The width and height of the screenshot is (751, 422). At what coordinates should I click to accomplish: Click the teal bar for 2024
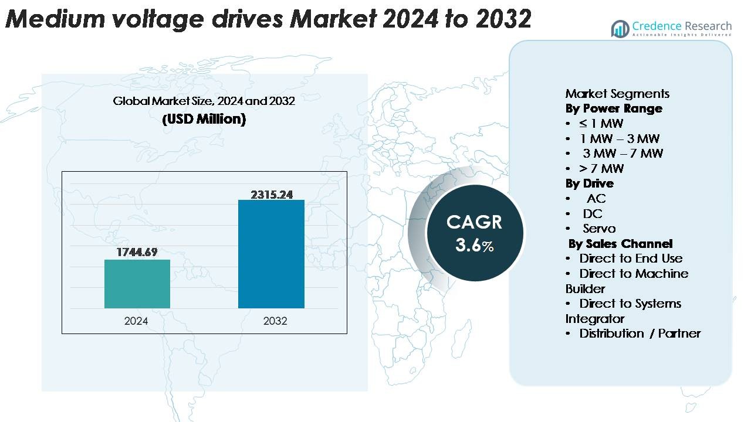click(x=137, y=284)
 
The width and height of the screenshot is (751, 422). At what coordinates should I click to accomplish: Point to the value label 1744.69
click(x=138, y=253)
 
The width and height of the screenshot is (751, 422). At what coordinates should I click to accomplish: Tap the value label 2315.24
click(x=272, y=195)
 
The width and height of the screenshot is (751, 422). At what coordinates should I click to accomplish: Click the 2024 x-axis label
click(x=136, y=321)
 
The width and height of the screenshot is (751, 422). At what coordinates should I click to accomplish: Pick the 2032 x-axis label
click(x=275, y=321)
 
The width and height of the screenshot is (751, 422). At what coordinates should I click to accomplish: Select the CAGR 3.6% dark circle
click(x=474, y=232)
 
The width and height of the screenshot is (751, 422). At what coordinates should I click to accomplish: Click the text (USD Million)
click(x=204, y=119)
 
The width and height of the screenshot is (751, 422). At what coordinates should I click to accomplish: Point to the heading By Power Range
click(x=614, y=108)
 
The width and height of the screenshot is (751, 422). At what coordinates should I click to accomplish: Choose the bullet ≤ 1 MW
click(x=601, y=124)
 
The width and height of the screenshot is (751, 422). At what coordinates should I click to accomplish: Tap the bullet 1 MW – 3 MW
click(x=619, y=139)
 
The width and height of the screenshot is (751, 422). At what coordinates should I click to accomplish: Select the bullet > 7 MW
click(x=601, y=169)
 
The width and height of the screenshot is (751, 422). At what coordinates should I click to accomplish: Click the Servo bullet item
click(x=599, y=229)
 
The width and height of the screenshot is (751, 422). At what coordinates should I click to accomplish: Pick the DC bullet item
click(x=593, y=213)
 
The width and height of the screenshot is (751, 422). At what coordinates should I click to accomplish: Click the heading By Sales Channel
click(x=620, y=244)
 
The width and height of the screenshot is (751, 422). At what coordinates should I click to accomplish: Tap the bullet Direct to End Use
click(x=631, y=258)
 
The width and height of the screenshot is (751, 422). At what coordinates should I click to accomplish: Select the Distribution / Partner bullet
click(x=640, y=333)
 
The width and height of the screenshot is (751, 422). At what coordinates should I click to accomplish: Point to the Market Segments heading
click(x=617, y=94)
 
